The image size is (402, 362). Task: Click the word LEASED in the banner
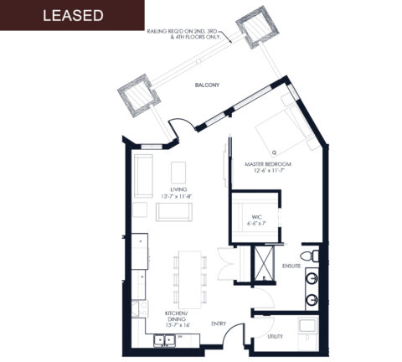[72, 16]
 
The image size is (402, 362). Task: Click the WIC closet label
[256, 220]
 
